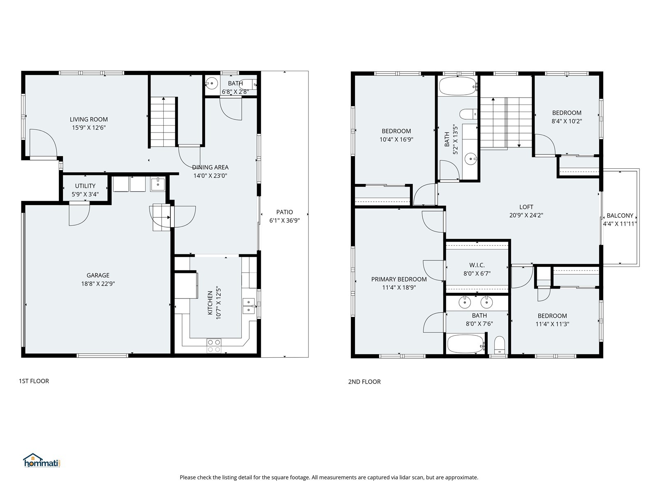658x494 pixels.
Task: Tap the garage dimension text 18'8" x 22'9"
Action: click(x=98, y=284)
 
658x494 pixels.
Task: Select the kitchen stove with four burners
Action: click(x=214, y=345)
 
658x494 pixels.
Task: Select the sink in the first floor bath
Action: click(x=211, y=84)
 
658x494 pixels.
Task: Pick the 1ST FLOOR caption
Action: click(x=34, y=381)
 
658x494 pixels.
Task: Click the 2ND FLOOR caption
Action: click(x=364, y=382)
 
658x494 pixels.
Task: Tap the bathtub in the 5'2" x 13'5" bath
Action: click(x=457, y=86)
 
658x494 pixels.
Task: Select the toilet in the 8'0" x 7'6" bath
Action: click(x=499, y=345)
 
